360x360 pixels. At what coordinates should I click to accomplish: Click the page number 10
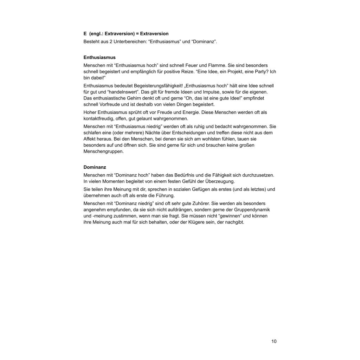274,341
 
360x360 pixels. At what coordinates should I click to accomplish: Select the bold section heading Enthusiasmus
99,57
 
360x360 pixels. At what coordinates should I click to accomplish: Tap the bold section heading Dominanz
95,167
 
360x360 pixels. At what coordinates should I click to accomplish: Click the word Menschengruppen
104,152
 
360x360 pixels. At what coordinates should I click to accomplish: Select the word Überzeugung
218,181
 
